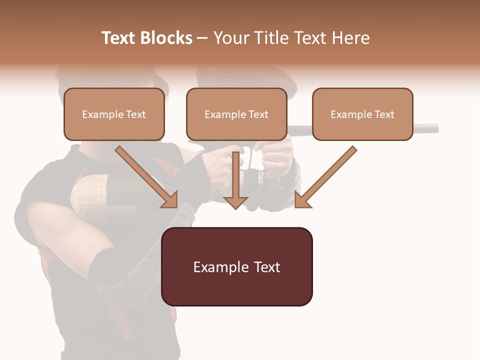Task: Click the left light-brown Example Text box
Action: click(x=114, y=114)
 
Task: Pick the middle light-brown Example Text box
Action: click(x=236, y=114)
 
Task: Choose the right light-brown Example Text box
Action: click(x=362, y=114)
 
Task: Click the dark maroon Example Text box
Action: click(x=236, y=266)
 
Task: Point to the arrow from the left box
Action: click(x=145, y=176)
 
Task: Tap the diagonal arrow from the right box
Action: click(x=327, y=176)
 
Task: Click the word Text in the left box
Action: click(x=135, y=114)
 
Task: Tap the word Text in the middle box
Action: click(x=258, y=114)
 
